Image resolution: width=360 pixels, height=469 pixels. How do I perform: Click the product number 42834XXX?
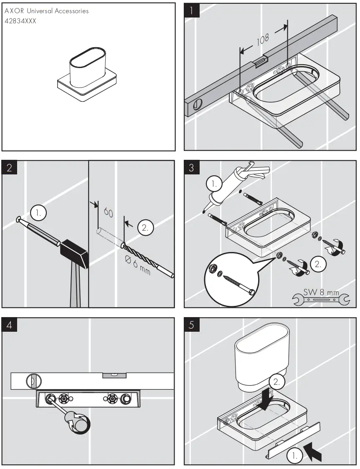[x=20, y=21]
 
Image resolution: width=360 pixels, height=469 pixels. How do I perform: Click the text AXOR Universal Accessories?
[x=46, y=11]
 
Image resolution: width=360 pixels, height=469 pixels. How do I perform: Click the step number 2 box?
[x=9, y=168]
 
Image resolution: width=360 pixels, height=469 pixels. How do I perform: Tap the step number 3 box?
[x=192, y=168]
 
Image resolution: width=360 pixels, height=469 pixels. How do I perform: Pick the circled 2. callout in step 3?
[x=318, y=264]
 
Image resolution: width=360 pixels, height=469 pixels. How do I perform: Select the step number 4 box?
[x=9, y=325]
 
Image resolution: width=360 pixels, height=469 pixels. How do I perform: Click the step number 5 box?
[x=192, y=325]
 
